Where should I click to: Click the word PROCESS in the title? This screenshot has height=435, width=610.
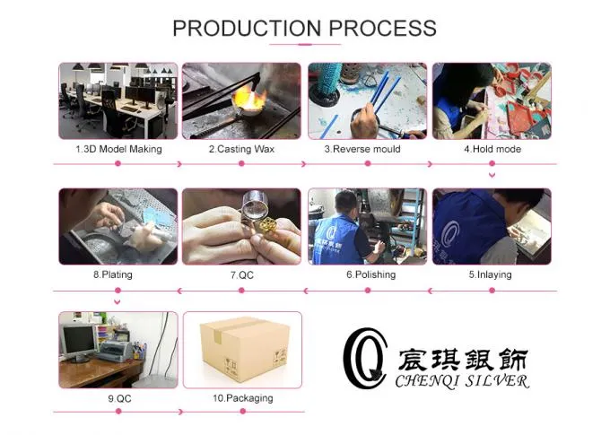pos(380,28)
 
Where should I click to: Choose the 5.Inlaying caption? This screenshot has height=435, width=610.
pos(490,274)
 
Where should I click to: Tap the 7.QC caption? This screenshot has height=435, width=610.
pos(240,274)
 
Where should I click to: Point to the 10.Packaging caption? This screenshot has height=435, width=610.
pos(242,397)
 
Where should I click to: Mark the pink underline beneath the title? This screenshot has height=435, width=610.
pos(304,45)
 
